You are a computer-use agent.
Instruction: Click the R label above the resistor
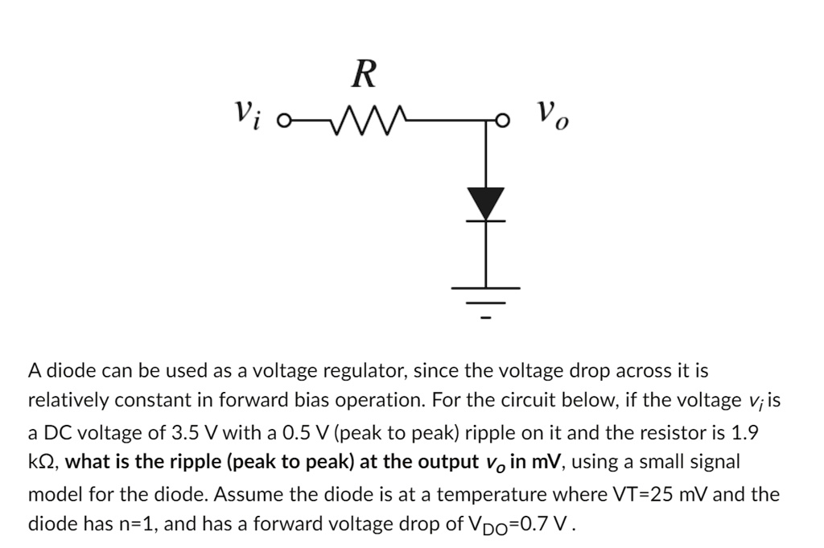click(364, 74)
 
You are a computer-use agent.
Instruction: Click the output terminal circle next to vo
click(501, 122)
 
